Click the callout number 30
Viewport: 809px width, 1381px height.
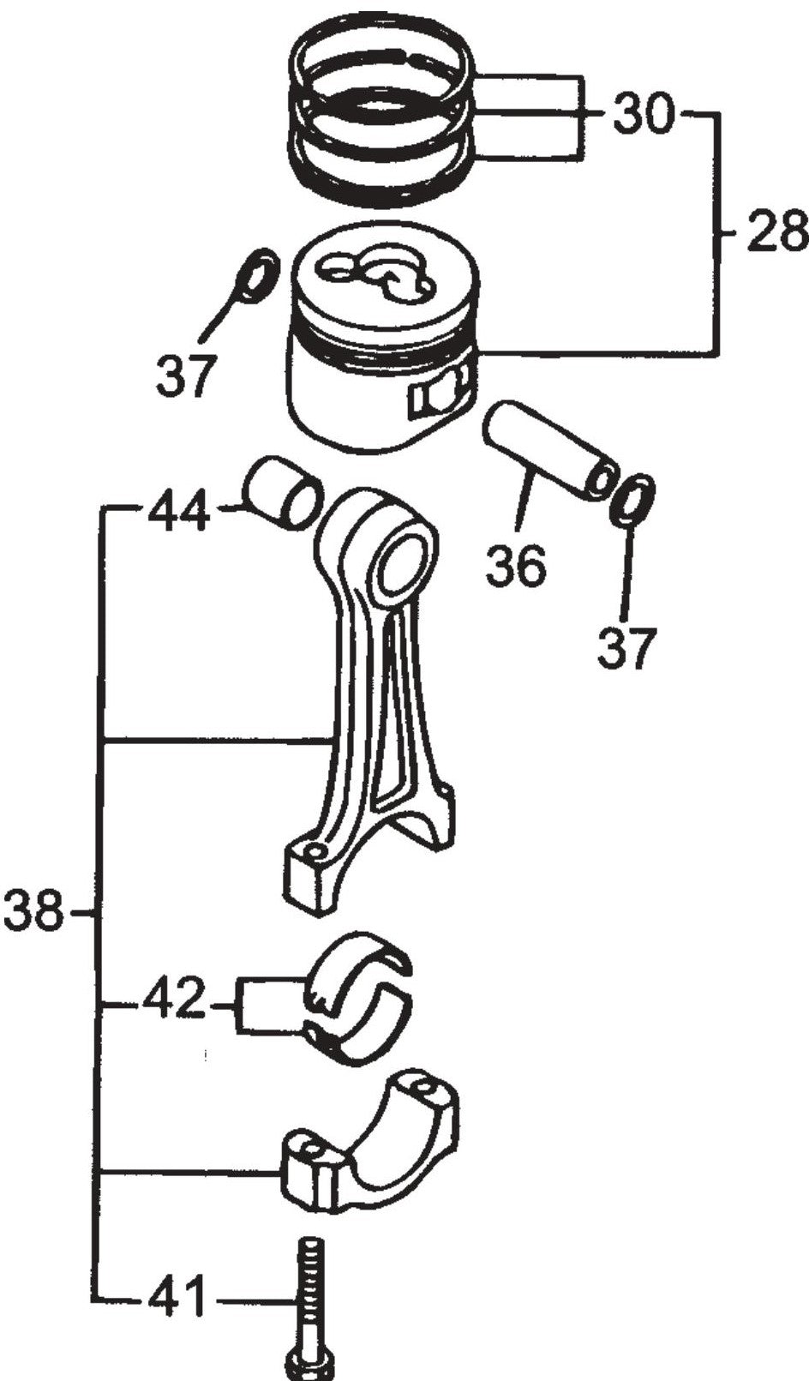tap(642, 113)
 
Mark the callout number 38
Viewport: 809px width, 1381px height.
tap(33, 912)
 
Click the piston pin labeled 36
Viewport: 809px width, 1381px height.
tap(547, 451)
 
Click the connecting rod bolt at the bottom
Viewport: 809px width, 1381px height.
tap(310, 1294)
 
